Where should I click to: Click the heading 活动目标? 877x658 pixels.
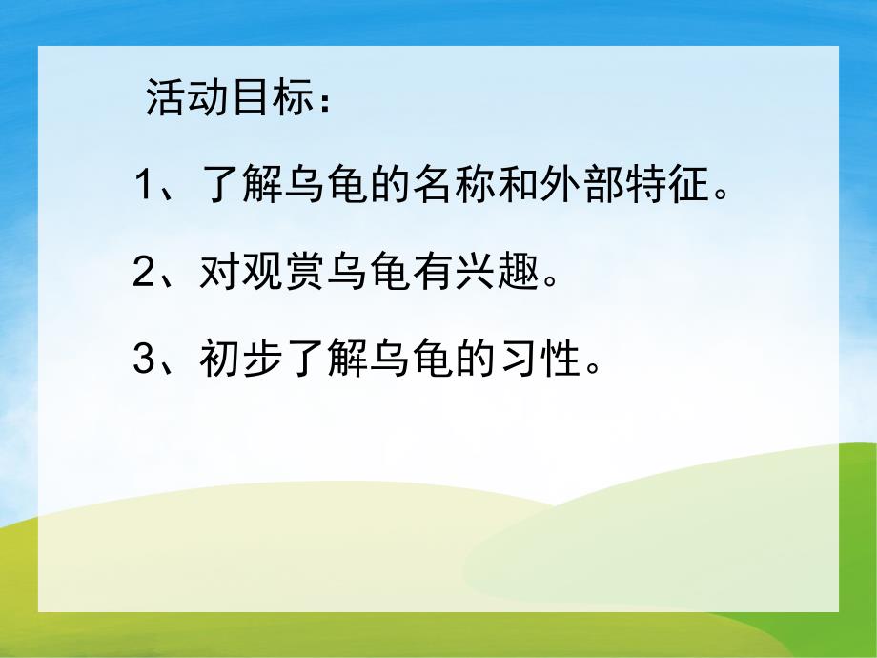pos(229,98)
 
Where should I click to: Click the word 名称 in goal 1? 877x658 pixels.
pos(454,185)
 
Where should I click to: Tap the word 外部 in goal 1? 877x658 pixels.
pos(580,185)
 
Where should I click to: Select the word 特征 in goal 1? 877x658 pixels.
pos(663,185)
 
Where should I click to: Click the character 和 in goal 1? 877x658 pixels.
pos(517,185)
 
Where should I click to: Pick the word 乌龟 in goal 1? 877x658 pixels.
pos(328,185)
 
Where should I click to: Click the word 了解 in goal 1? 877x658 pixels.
pos(244,185)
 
